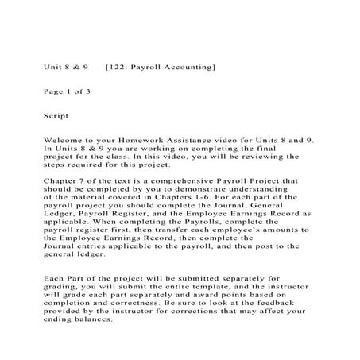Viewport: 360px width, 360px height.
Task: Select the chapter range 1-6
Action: pos(202,198)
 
